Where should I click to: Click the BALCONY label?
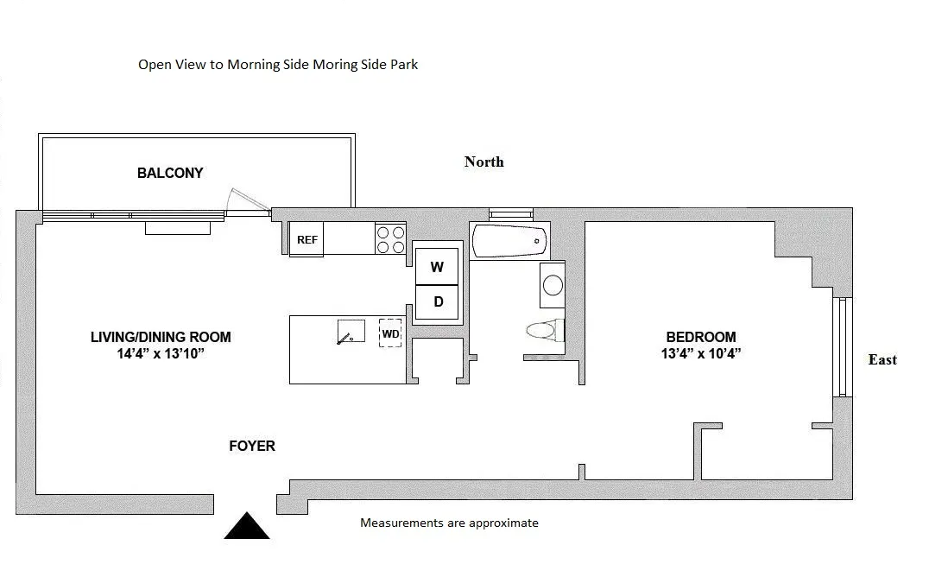pos(170,173)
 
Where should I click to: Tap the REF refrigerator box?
pos(307,239)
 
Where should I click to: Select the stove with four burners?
pos(391,239)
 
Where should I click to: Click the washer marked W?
pos(438,267)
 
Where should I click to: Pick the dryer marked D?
pos(438,301)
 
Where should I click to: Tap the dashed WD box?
pos(390,333)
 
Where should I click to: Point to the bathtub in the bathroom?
pos(509,239)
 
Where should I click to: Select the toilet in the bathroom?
pos(545,330)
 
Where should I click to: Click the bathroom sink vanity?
pos(552,285)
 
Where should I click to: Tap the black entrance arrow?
pos(247,526)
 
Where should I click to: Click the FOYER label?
pos(252,446)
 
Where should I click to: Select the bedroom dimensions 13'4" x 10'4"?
pos(700,353)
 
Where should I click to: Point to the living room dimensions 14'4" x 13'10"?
pos(161,353)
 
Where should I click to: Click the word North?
pos(483,162)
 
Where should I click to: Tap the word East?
pos(882,360)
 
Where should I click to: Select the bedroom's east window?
pos(842,346)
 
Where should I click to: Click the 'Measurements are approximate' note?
pos(449,523)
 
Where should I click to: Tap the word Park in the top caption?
pos(403,65)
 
